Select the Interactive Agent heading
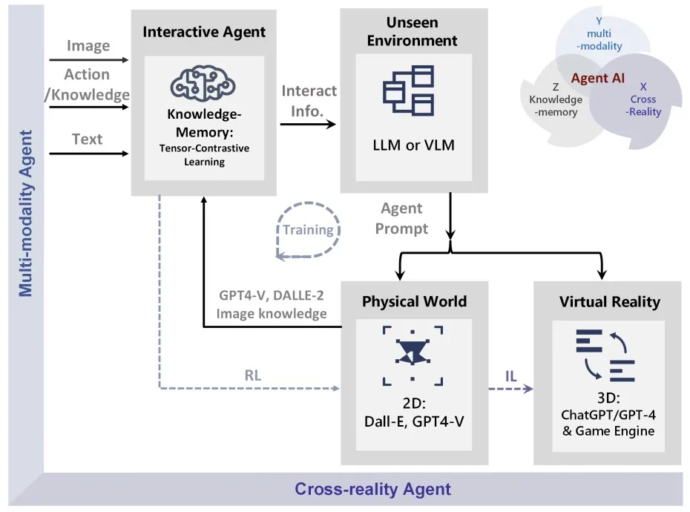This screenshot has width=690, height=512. click(204, 32)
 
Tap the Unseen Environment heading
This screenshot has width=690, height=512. click(413, 31)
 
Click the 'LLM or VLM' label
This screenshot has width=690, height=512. click(413, 145)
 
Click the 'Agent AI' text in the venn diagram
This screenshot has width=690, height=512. click(598, 78)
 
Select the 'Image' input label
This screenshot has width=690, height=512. click(88, 46)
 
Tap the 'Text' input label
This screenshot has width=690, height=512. click(88, 139)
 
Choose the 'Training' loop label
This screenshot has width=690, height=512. click(308, 230)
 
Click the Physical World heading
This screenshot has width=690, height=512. click(414, 301)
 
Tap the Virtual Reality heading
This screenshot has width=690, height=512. click(609, 301)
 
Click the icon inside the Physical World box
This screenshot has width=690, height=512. click(413, 355)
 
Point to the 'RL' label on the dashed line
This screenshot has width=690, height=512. click(253, 375)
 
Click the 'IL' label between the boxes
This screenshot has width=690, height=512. click(510, 376)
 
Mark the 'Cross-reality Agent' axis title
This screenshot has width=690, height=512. click(372, 489)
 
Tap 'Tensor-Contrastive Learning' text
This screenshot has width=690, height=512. click(204, 155)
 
